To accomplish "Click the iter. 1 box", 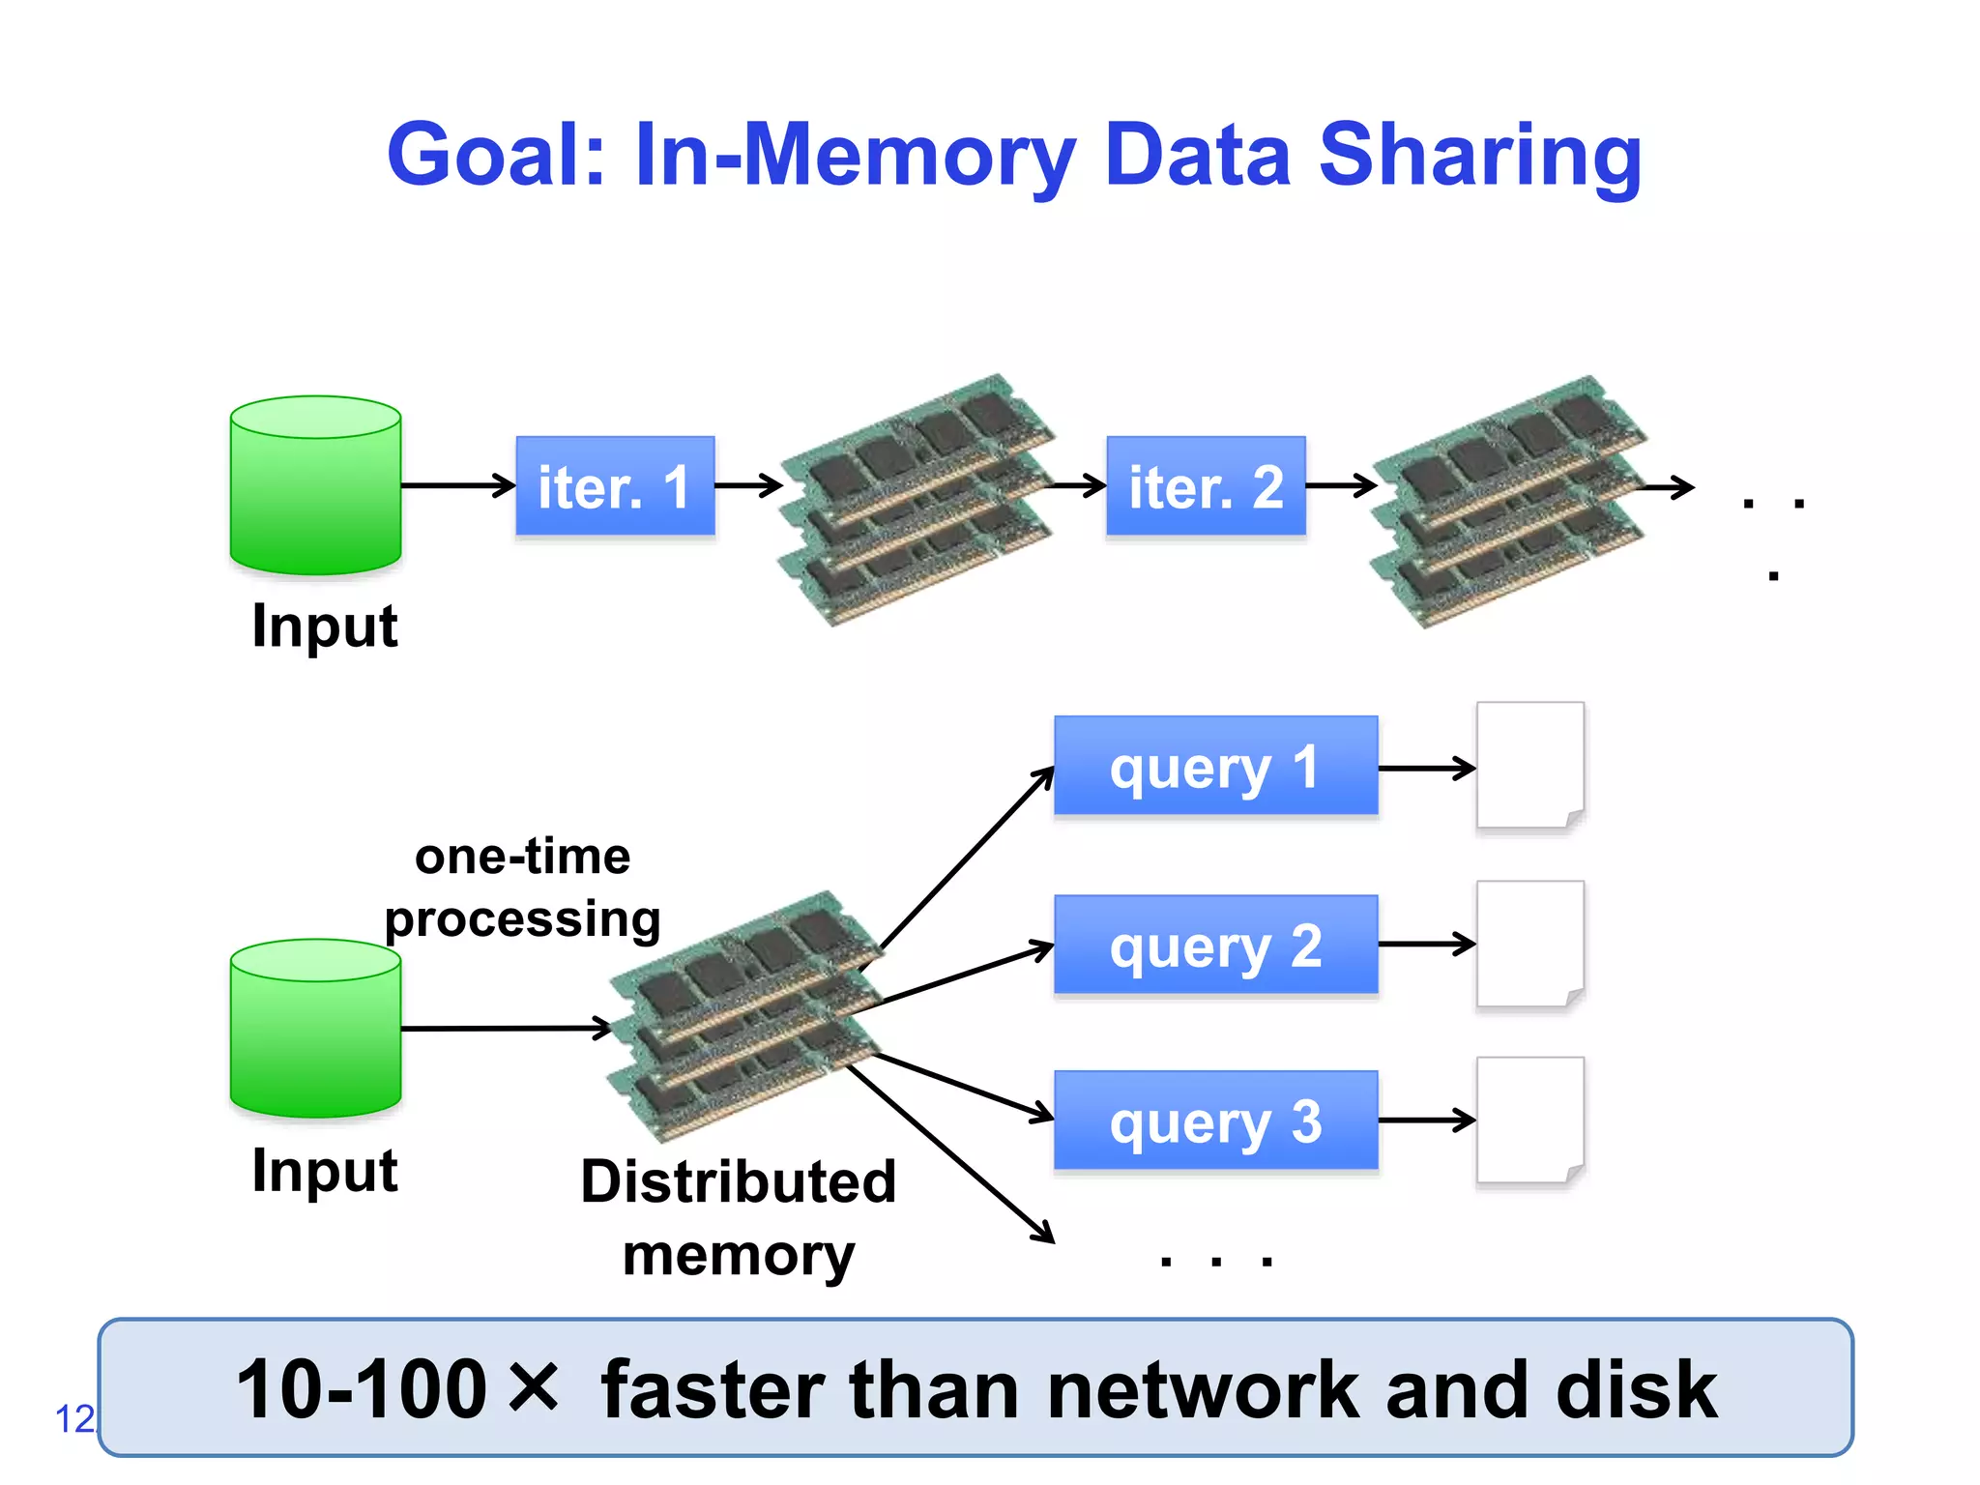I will (x=615, y=485).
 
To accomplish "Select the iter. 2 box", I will (x=1206, y=485).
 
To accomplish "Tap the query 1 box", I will (x=1215, y=767).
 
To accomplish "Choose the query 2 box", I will (x=1215, y=945).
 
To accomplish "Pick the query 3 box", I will (x=1215, y=1121).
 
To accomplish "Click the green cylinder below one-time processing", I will (x=315, y=1028).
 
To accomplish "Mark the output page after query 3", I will (x=1529, y=1121).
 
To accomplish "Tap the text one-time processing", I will (x=522, y=887).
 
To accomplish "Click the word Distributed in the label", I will (x=739, y=1181).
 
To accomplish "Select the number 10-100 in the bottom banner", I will (x=362, y=1389).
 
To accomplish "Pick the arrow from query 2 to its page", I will (x=1426, y=944).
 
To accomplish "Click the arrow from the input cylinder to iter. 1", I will (x=457, y=484).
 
